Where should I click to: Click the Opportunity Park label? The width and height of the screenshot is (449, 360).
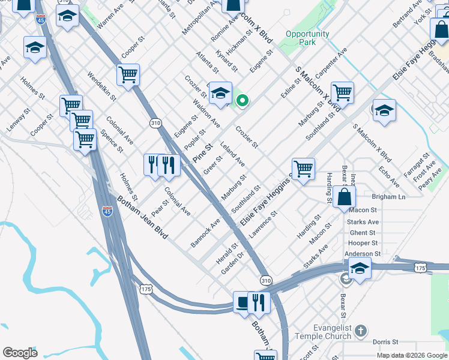307,38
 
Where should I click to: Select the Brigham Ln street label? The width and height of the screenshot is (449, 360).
388,197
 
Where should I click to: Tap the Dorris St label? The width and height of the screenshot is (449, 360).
385,341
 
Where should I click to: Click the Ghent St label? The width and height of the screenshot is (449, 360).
362,233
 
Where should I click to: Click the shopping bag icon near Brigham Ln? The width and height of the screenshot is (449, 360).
345,197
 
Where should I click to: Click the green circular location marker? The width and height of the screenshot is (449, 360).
243,101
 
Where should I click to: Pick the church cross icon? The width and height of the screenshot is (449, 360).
360,330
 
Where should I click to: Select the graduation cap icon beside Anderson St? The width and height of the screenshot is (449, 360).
360,268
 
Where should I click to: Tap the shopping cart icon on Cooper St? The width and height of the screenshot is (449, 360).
128,75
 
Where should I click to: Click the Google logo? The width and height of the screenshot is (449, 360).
20,353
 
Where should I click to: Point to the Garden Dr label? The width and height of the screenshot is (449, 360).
232,262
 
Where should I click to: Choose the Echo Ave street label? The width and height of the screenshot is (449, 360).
389,173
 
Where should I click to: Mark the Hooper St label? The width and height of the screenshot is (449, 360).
362,243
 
